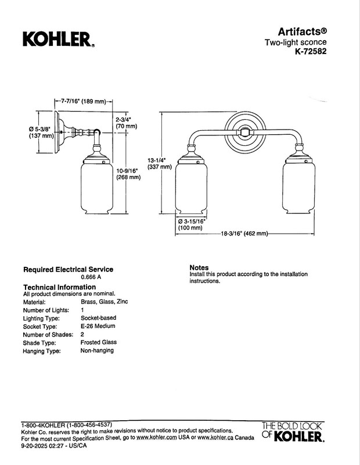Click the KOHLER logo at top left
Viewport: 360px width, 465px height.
coord(59,40)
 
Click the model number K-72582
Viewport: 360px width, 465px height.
coord(311,51)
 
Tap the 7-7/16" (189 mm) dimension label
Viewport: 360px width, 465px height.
coord(83,101)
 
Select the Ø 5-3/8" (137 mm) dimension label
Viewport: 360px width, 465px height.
coord(41,133)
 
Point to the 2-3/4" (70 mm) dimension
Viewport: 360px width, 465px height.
coord(126,123)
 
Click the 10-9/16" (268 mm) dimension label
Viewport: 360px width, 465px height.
coord(128,174)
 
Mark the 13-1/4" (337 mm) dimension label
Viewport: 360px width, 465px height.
coord(160,163)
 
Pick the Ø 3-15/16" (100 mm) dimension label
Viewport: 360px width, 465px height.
coord(192,224)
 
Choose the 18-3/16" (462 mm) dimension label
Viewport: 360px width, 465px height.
coord(244,234)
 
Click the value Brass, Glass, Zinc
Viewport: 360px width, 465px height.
coord(105,302)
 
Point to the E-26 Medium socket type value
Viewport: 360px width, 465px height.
coord(98,326)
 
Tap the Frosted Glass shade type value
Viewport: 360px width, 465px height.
coord(99,342)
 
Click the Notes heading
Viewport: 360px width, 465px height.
coord(199,267)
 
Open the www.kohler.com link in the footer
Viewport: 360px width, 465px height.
coord(156,438)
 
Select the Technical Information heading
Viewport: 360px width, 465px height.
coord(60,287)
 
